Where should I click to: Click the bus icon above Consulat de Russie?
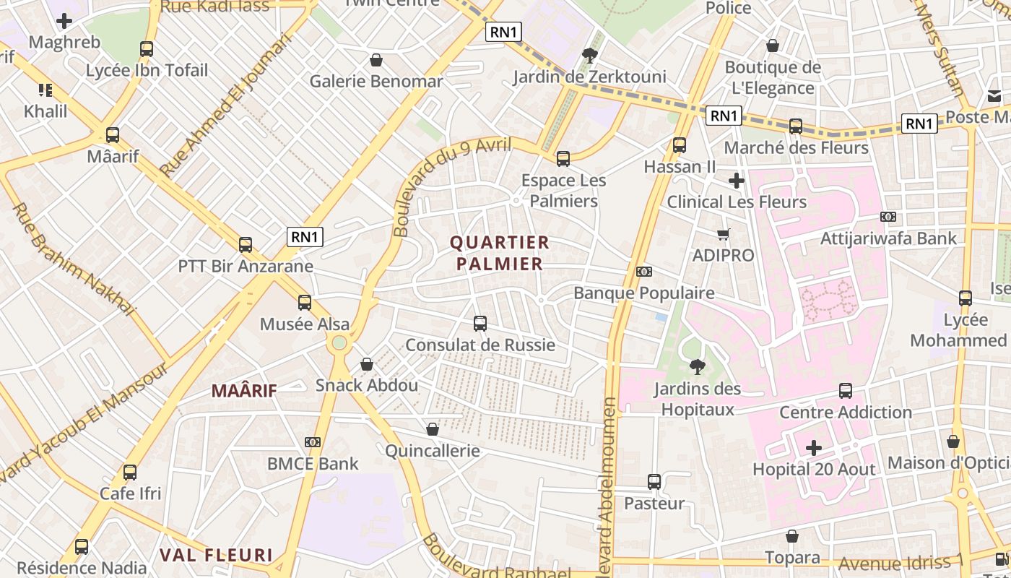click(x=480, y=323)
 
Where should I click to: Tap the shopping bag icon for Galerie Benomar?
click(x=376, y=60)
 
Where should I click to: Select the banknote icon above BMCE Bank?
click(x=313, y=441)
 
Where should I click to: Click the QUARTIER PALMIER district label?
click(x=500, y=253)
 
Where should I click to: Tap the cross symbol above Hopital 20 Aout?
click(x=814, y=448)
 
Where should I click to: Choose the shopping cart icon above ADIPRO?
click(x=724, y=234)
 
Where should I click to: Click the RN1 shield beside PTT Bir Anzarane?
click(x=305, y=236)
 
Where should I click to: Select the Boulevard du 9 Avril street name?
click(x=451, y=186)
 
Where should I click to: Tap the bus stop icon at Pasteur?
click(x=654, y=481)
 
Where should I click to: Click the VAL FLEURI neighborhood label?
click(x=216, y=555)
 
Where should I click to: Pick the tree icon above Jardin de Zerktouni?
click(x=590, y=55)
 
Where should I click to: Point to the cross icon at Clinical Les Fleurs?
click(x=737, y=180)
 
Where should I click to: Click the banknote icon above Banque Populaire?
click(x=644, y=272)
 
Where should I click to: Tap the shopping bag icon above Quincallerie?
click(x=433, y=429)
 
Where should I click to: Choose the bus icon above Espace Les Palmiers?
click(x=563, y=158)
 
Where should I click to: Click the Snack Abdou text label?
click(x=367, y=385)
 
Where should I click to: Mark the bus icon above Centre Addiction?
click(x=846, y=391)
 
